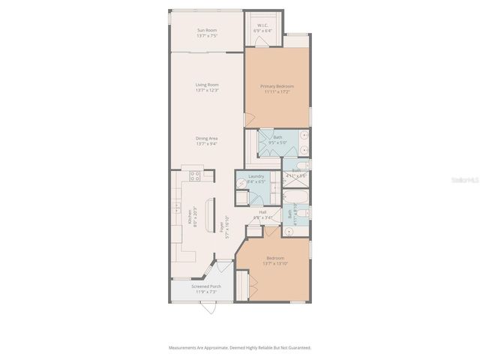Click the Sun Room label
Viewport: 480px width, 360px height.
(206, 31)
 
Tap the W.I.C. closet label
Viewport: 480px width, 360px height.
(263, 26)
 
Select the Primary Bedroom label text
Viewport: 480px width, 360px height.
(277, 86)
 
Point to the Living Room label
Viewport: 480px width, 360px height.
(206, 85)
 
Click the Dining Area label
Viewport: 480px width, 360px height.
(206, 138)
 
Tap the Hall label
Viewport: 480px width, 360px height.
(263, 212)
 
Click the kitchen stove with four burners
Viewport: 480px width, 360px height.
(195, 177)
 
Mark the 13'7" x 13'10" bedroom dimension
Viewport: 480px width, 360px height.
(273, 264)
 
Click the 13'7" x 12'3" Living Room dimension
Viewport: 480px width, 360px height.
(206, 90)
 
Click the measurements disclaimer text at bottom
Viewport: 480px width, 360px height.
(239, 347)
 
